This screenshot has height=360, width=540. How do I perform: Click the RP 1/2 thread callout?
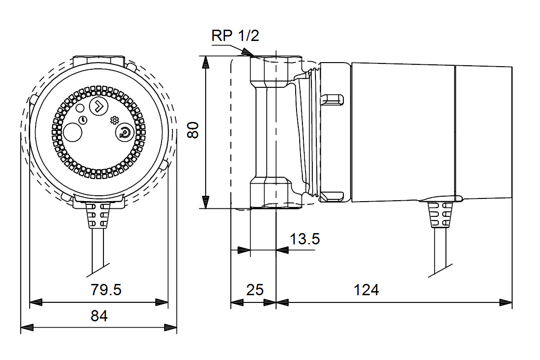[235, 36]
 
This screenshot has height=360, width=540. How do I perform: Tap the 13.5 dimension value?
[305, 239]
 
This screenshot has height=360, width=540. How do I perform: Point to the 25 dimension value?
[255, 290]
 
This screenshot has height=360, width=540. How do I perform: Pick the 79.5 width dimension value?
[106, 290]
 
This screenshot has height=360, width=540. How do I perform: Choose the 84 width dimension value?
[99, 316]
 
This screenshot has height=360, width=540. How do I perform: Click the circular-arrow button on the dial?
[124, 133]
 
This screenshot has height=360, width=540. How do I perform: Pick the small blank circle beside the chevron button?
[80, 108]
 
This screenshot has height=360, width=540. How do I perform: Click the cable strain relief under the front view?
[98, 214]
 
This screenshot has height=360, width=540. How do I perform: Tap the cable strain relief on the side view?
[439, 215]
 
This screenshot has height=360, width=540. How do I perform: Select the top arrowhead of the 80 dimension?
[206, 62]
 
